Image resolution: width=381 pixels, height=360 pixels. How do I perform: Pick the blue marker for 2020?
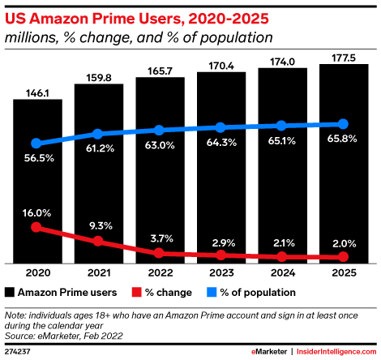(36, 143)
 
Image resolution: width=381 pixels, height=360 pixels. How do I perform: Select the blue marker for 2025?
(342, 124)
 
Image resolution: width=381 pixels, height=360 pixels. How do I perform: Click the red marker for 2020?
(36, 228)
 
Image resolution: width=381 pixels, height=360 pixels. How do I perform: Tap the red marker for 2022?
(159, 253)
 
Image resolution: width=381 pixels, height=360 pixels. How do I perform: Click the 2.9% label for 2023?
(220, 242)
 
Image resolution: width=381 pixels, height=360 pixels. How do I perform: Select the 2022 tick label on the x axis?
(159, 273)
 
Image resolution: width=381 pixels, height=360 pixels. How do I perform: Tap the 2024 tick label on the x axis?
(281, 273)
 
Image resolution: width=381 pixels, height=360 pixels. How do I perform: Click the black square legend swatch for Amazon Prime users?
(11, 291)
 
